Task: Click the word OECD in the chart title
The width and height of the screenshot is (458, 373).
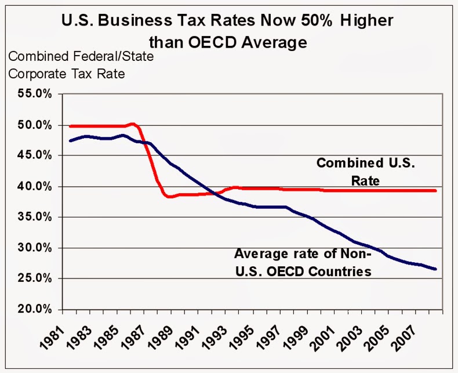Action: point(206,42)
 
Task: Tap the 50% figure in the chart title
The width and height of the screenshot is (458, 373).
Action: point(297,21)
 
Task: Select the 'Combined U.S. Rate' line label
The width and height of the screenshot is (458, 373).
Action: point(365,172)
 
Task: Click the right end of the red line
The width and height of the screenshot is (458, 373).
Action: point(435,190)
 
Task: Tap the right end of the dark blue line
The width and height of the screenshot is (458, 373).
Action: point(435,269)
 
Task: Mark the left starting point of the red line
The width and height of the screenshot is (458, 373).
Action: point(70,126)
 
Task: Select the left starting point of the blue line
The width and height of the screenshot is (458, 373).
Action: point(70,140)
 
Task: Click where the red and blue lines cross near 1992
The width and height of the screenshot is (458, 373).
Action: point(215,194)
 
